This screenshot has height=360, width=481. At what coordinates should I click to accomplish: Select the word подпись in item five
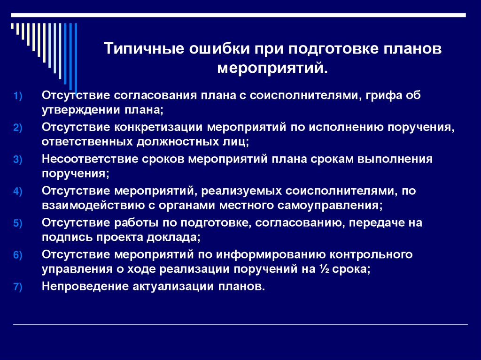point(60,237)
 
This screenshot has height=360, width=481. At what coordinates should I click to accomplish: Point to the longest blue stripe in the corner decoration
point(76,56)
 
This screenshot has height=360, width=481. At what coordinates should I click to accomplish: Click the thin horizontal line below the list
point(240,325)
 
